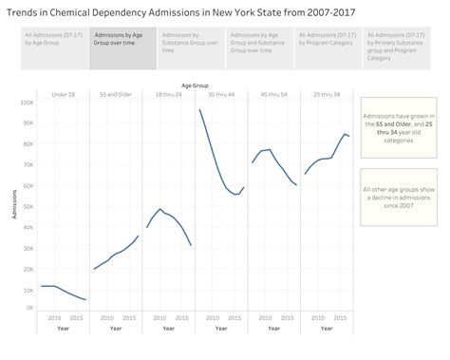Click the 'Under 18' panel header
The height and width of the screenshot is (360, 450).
tap(63, 93)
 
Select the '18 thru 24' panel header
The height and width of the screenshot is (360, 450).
tap(168, 93)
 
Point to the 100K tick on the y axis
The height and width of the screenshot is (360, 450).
tap(28, 102)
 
